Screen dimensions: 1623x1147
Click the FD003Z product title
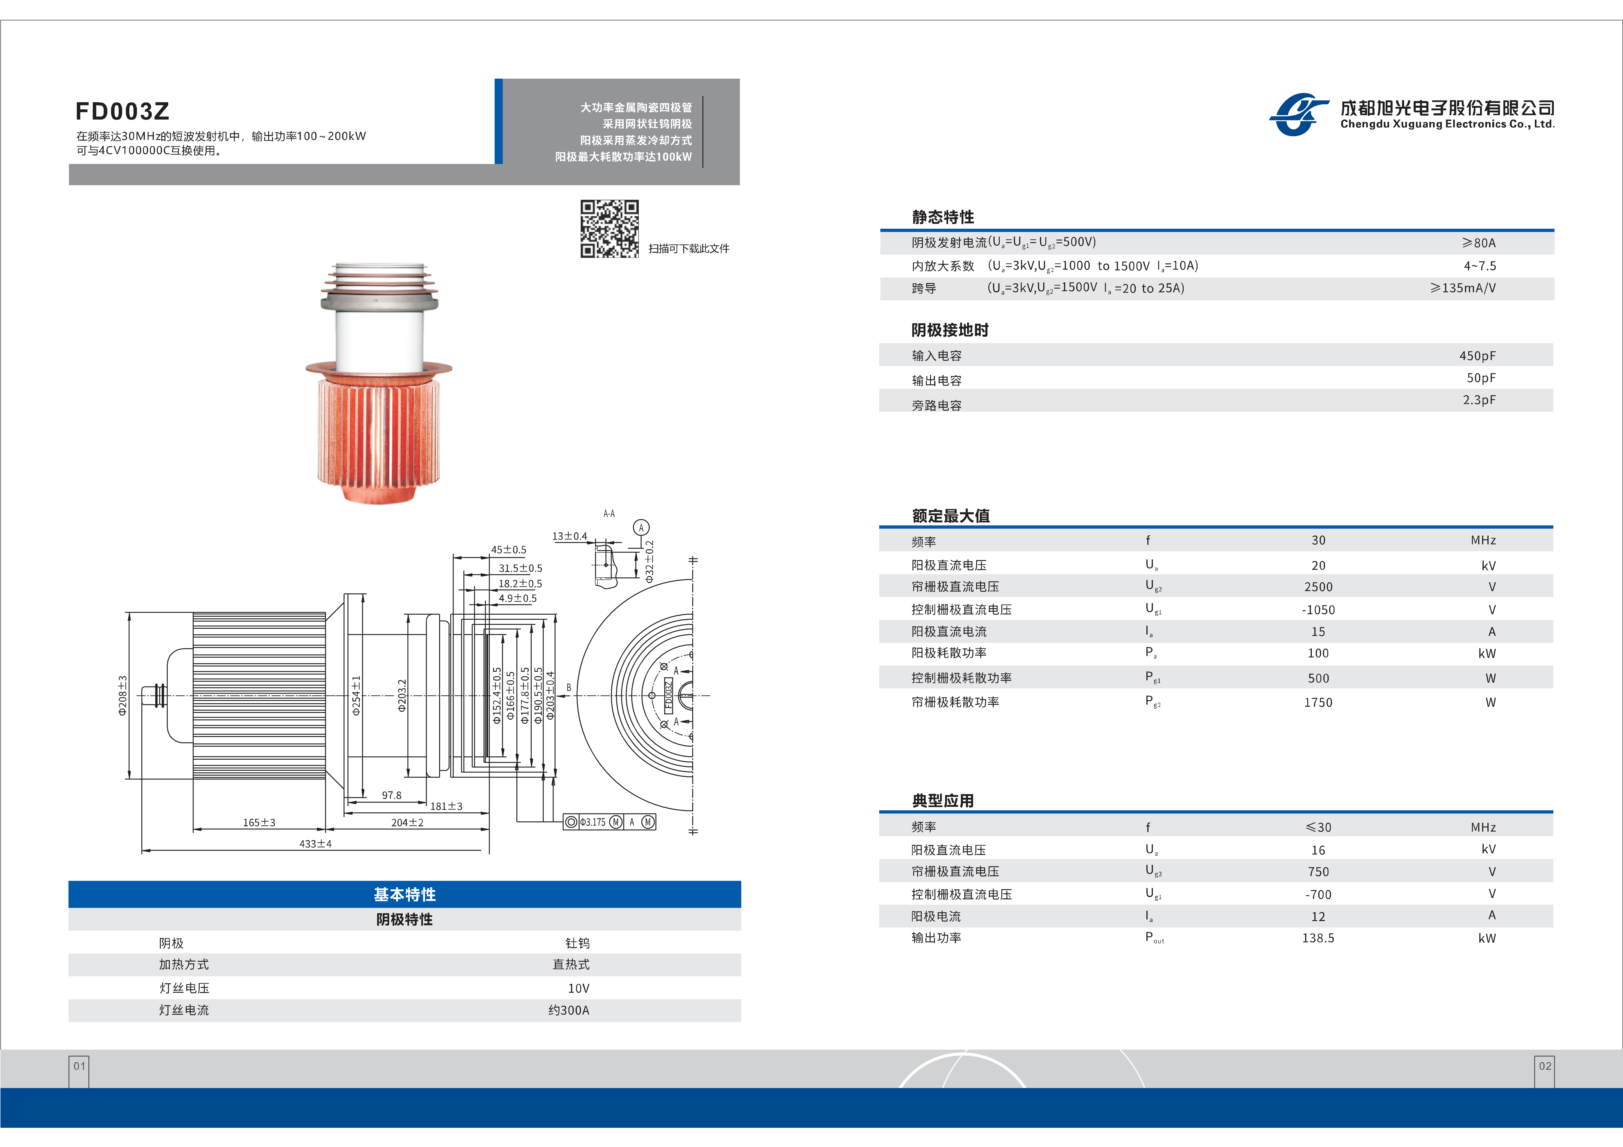tap(122, 111)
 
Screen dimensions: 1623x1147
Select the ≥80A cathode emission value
tap(1479, 242)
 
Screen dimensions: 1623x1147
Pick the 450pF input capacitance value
tap(1477, 355)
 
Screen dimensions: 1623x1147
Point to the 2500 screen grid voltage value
tap(1318, 587)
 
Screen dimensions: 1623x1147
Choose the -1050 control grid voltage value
tap(1318, 609)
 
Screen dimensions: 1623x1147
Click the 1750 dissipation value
tap(1318, 702)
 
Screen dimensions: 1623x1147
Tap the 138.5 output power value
tap(1318, 938)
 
